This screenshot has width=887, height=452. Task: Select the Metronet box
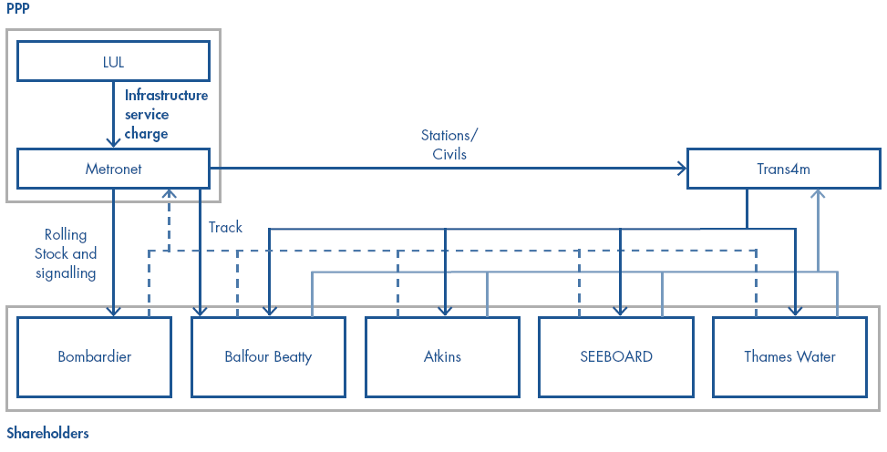tap(114, 169)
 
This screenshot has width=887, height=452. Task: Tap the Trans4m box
tap(783, 169)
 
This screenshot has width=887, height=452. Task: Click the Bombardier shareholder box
tap(94, 356)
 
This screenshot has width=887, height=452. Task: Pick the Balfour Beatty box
tap(268, 356)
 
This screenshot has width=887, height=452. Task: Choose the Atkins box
tap(443, 356)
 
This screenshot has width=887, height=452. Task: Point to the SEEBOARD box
tap(616, 356)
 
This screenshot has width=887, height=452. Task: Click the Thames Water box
tap(790, 356)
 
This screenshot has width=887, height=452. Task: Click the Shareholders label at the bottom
tap(47, 433)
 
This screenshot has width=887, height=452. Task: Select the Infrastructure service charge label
tap(166, 114)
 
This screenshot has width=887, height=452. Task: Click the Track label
tap(225, 227)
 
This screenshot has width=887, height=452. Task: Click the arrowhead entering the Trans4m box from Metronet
tap(681, 169)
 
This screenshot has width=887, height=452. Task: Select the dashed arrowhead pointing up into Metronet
tap(168, 194)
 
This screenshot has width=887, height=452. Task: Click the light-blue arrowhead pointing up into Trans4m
tap(818, 193)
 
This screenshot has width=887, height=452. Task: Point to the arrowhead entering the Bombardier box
tap(113, 312)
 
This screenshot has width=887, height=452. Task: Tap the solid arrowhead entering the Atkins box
tap(446, 312)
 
